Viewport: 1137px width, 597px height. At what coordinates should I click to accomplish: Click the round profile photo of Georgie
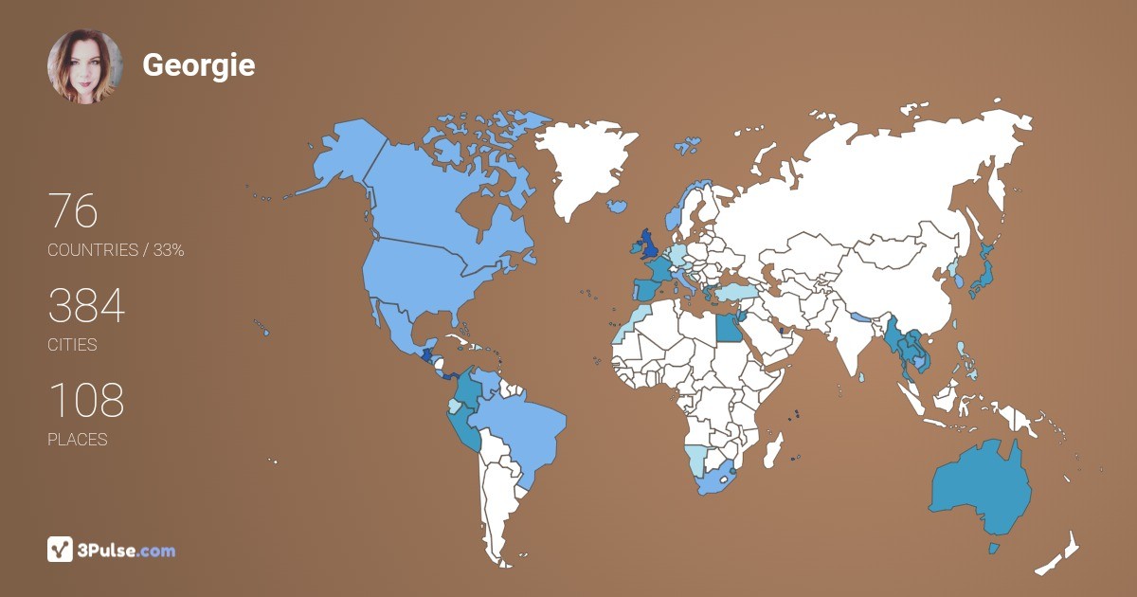pos(84,66)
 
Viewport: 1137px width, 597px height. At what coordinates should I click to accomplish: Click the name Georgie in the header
pos(198,65)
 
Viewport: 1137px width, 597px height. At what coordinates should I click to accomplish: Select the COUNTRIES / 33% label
pos(116,250)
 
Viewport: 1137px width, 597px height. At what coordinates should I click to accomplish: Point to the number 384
pos(86,306)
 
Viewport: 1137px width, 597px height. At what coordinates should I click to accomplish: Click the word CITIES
pos(72,345)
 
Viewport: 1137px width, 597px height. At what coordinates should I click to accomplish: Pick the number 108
pos(86,401)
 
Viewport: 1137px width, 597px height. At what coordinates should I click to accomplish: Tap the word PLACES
pos(77,440)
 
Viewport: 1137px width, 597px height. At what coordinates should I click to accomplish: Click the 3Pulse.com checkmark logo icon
pos(61,550)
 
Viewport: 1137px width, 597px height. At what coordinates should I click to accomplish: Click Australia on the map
pos(981,488)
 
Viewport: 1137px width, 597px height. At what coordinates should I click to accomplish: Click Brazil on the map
pos(516,431)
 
